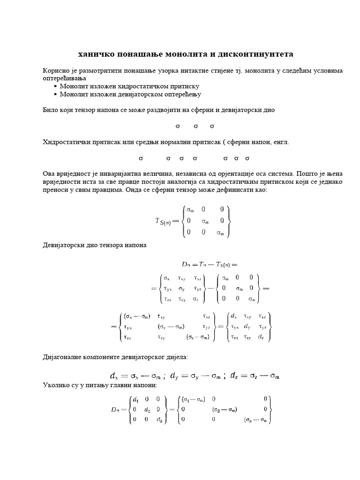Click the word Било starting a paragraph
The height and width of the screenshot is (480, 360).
point(50,110)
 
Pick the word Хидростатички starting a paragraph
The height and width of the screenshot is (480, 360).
point(66,142)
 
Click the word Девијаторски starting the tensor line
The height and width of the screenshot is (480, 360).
point(62,245)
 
